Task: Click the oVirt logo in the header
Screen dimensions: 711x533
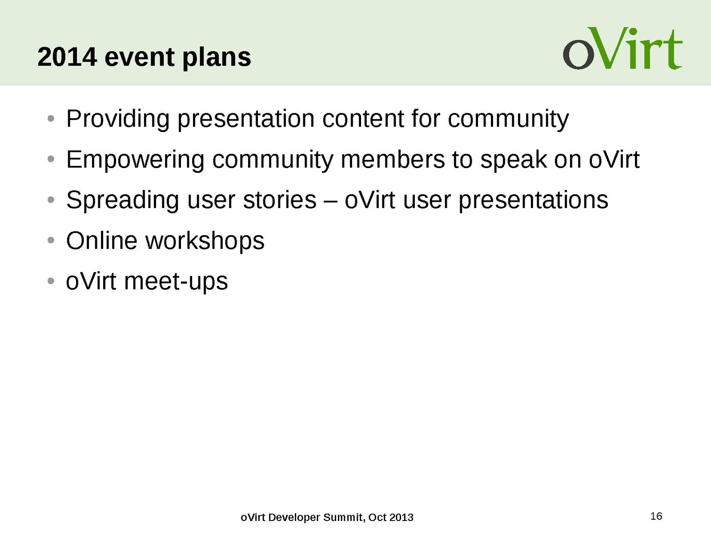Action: pyautogui.click(x=623, y=48)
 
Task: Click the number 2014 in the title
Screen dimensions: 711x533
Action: pyautogui.click(x=67, y=57)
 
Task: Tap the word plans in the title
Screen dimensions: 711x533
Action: pyautogui.click(x=217, y=58)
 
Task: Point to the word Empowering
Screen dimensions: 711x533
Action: pyautogui.click(x=136, y=160)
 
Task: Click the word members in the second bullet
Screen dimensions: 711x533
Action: pyautogui.click(x=393, y=159)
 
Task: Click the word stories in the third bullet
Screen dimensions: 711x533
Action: pyautogui.click(x=280, y=200)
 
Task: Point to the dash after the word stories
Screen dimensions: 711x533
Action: pyautogui.click(x=330, y=201)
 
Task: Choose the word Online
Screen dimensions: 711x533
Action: pyautogui.click(x=102, y=240)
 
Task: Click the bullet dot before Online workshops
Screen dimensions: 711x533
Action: pyautogui.click(x=51, y=240)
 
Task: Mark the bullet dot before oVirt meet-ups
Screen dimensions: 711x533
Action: pyautogui.click(x=51, y=281)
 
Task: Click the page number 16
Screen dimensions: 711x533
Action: pyautogui.click(x=656, y=516)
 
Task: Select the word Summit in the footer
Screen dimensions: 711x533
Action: pyautogui.click(x=344, y=517)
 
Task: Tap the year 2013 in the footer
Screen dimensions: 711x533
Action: pyautogui.click(x=402, y=517)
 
